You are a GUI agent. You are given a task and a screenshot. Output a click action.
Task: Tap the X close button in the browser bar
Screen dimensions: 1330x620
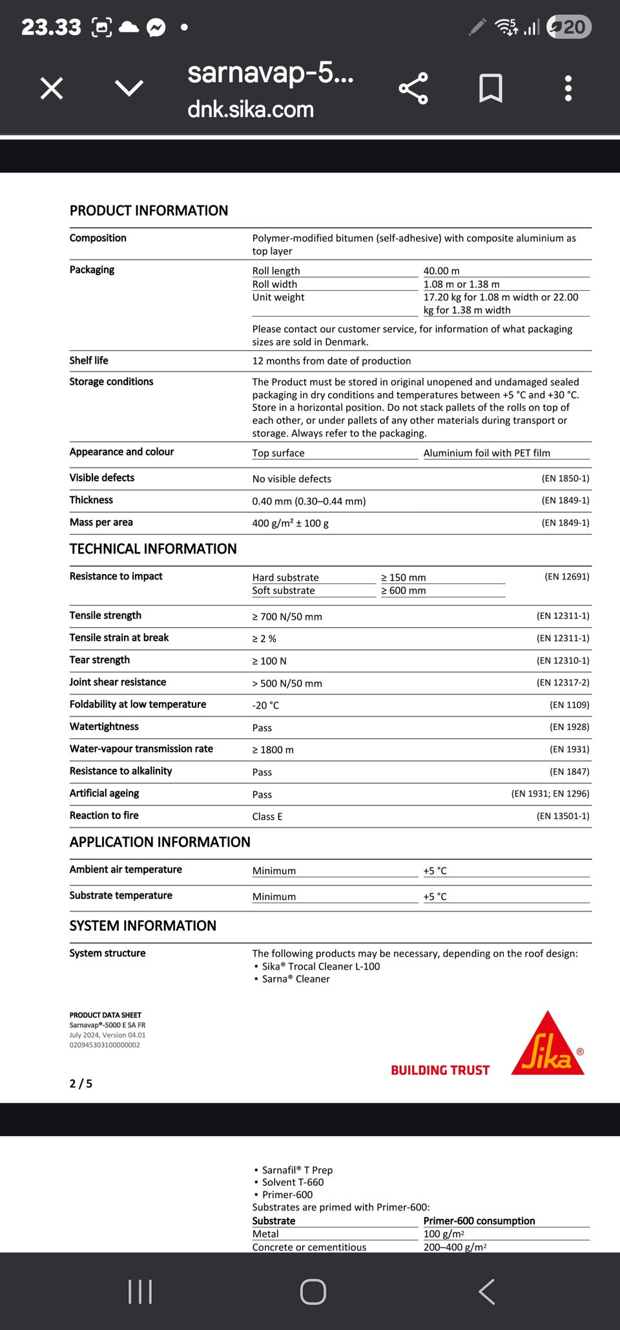click(x=52, y=88)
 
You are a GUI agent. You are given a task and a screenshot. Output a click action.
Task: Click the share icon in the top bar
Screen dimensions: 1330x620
click(x=413, y=88)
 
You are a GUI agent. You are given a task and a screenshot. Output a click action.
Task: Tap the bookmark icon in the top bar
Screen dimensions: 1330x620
click(x=491, y=88)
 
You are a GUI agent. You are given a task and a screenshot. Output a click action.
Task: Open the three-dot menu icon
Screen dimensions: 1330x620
click(x=568, y=88)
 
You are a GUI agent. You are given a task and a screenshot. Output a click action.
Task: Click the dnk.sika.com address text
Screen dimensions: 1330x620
click(x=251, y=110)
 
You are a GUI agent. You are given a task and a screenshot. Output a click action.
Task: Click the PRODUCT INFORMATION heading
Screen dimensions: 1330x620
click(x=149, y=211)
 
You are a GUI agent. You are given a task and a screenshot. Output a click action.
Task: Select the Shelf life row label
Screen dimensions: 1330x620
click(x=89, y=360)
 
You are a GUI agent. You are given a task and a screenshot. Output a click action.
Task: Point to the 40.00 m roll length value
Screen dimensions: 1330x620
click(x=442, y=271)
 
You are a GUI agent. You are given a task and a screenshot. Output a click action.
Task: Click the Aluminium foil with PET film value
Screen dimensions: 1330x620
click(x=487, y=453)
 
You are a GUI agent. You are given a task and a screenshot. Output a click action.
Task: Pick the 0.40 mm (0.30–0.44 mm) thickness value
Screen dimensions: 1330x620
click(x=309, y=501)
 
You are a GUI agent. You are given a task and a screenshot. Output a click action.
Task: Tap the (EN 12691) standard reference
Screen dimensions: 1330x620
click(x=566, y=576)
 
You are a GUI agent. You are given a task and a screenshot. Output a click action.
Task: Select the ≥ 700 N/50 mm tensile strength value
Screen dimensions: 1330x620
click(x=287, y=617)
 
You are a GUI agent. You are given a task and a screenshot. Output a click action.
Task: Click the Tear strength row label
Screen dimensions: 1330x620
click(x=99, y=660)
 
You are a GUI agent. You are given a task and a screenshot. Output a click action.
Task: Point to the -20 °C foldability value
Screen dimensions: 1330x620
click(x=265, y=705)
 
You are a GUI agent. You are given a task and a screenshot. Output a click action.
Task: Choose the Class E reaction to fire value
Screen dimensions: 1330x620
click(x=267, y=816)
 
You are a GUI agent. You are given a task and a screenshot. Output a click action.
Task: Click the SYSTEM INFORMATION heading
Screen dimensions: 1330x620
click(x=143, y=926)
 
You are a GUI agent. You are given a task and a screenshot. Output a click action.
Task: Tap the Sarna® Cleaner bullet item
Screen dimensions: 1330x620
click(x=296, y=979)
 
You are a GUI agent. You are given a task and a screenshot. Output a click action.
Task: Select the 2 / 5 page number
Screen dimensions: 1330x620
click(x=81, y=1084)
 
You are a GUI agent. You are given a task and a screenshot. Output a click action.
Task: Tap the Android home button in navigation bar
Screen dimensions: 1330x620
click(x=313, y=1291)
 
